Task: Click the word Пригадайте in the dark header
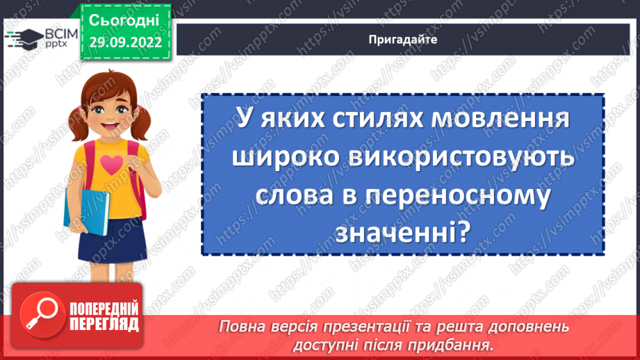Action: (x=403, y=40)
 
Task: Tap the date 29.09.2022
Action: (x=125, y=42)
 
